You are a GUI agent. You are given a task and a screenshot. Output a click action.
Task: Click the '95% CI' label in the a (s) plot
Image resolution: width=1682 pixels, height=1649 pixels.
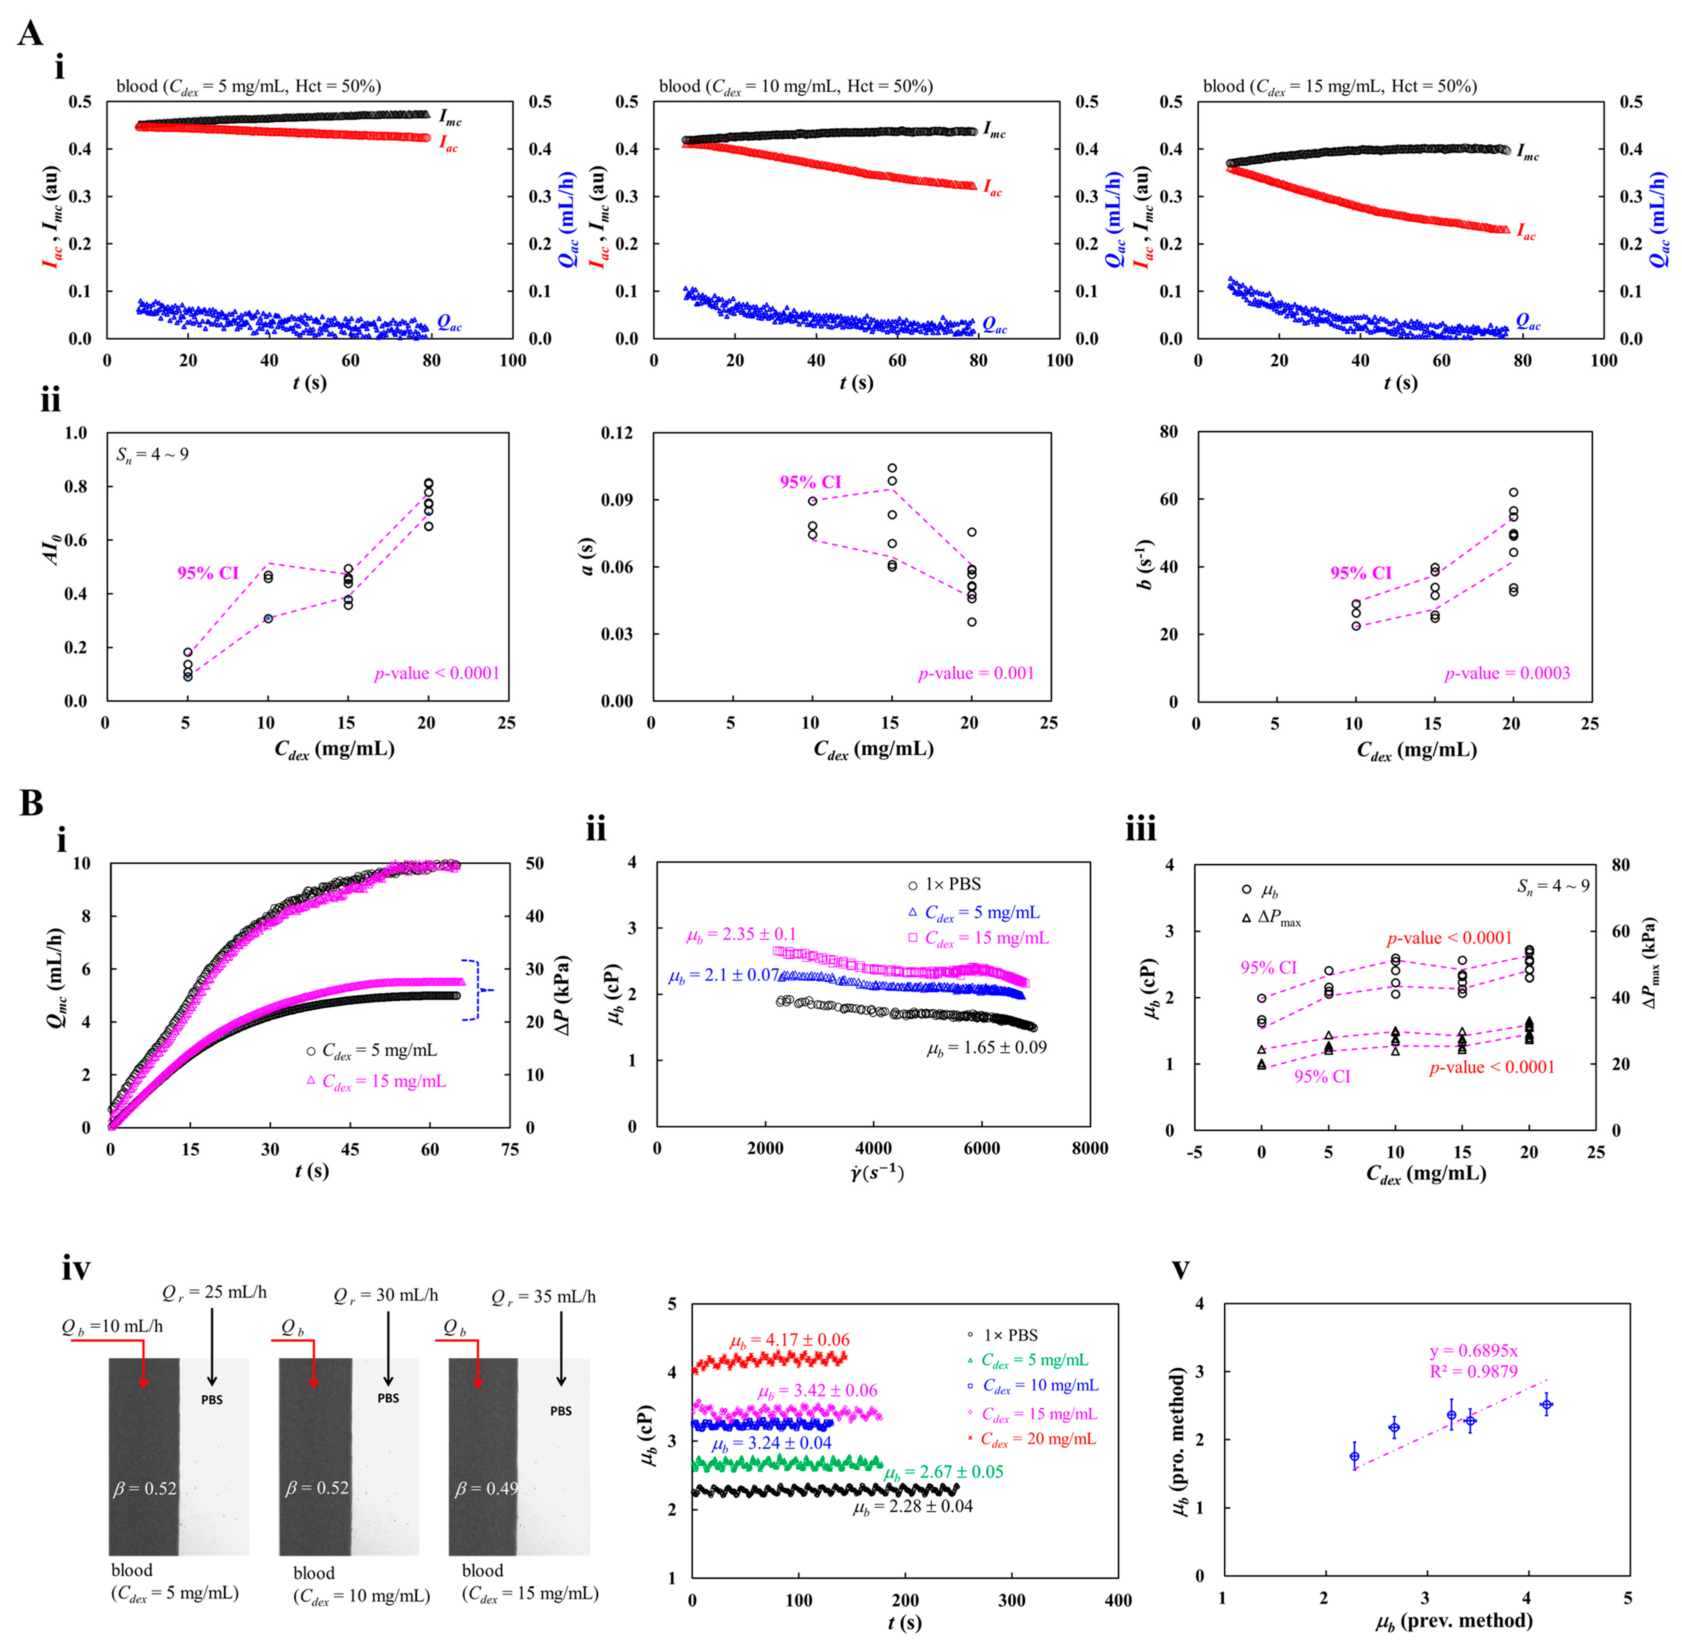pos(810,483)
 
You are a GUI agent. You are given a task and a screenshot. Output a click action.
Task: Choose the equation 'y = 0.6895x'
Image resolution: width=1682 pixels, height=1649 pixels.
pos(1473,1351)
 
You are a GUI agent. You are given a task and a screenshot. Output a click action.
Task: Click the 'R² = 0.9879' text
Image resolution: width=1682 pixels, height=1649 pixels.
pos(1473,1371)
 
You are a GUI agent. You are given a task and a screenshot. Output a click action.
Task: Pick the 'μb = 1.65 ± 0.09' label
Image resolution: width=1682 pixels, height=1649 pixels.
pos(986,1048)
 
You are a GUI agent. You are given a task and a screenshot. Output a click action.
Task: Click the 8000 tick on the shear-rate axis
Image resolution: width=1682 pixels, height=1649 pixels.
pos(1089,1149)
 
